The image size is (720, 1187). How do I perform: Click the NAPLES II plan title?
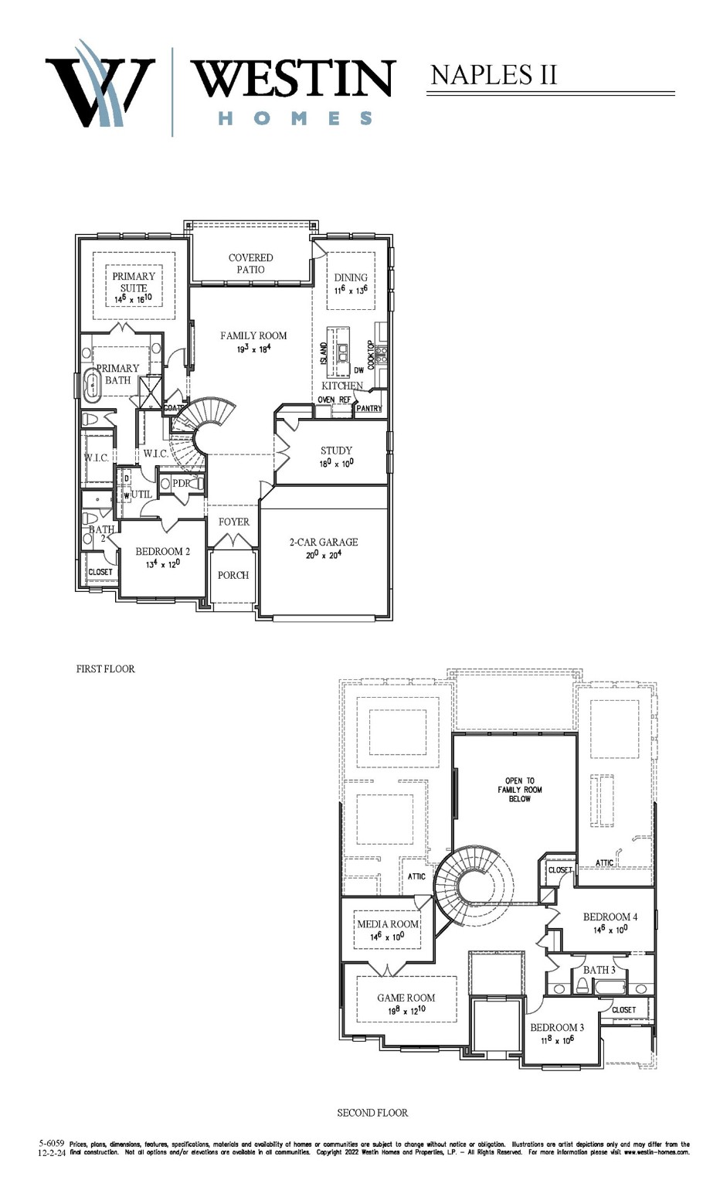[493, 75]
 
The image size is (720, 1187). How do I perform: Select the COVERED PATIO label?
[250, 264]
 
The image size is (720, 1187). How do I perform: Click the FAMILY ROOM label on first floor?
[253, 335]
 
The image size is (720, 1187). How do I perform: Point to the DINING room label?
[351, 277]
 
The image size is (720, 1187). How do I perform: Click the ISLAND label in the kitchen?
[324, 353]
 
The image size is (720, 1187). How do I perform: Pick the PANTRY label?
[369, 408]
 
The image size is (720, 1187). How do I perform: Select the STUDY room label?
[336, 451]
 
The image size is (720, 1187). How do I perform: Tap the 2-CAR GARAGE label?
[324, 542]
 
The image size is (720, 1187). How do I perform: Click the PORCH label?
[233, 575]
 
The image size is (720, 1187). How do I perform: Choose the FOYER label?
[233, 522]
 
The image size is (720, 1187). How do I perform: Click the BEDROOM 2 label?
[162, 552]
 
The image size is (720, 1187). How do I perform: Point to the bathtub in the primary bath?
[92, 384]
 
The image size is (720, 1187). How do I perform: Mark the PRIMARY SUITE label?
[134, 282]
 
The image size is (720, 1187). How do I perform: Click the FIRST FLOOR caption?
[105, 669]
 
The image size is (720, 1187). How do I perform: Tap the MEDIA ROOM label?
[388, 924]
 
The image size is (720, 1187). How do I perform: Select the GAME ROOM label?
[406, 998]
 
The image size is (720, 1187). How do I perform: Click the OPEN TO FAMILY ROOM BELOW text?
[519, 790]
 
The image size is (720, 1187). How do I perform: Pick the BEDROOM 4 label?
[610, 917]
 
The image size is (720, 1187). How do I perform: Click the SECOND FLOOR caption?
[372, 1113]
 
